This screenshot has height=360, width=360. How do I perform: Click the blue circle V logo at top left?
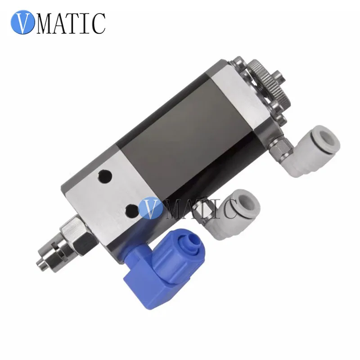(x=23, y=22)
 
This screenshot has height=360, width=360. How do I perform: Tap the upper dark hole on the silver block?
(x=105, y=176)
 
